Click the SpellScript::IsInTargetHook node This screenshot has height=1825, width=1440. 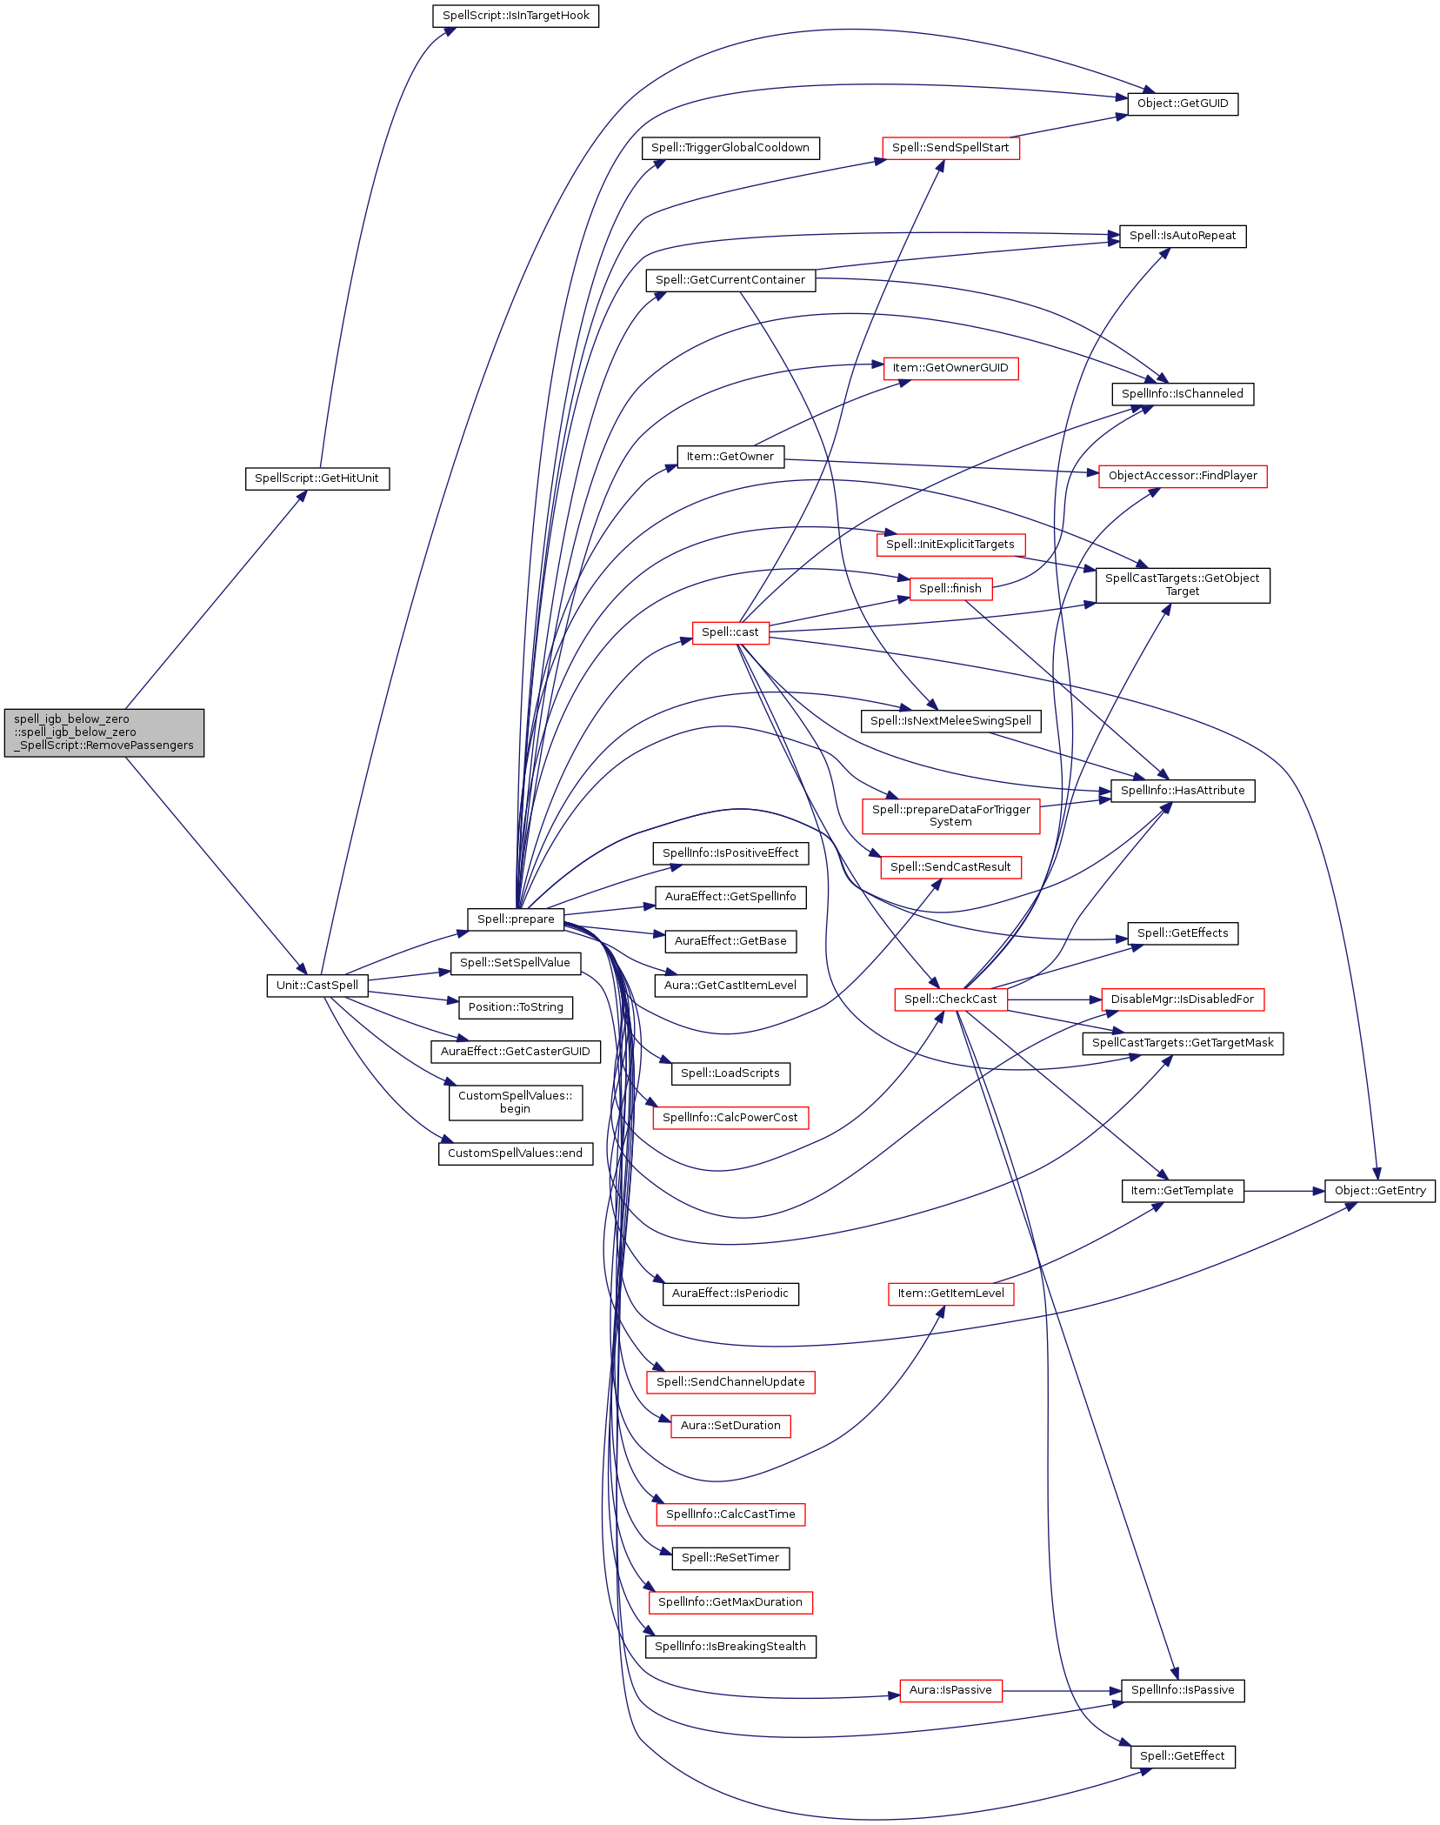click(516, 16)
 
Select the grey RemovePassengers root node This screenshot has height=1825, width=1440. click(104, 732)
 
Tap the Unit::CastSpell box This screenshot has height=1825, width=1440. click(317, 986)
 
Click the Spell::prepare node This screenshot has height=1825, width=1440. click(516, 919)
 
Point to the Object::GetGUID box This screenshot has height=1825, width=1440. click(1183, 104)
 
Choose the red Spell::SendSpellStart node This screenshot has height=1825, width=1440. click(950, 148)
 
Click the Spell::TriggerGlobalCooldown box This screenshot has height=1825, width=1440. click(730, 148)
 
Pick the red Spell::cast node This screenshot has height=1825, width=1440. click(730, 632)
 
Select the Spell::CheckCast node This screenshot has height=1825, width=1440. click(950, 999)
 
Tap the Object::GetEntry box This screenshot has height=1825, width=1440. click(1380, 1191)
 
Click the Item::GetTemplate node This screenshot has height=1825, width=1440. click(1183, 1191)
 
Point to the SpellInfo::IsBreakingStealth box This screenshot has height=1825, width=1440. click(730, 1647)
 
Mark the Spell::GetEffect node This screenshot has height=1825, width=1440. click(1183, 1756)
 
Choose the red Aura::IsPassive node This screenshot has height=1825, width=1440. click(950, 1690)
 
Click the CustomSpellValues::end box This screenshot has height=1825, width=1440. click(516, 1153)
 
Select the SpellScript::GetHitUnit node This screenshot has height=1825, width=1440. click(317, 478)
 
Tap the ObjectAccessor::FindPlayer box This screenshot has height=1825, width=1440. click(1183, 476)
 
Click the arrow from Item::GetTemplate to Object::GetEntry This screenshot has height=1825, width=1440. click(1284, 1191)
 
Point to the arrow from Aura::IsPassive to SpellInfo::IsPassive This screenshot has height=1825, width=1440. click(1062, 1690)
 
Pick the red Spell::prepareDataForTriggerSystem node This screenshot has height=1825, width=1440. click(950, 816)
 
